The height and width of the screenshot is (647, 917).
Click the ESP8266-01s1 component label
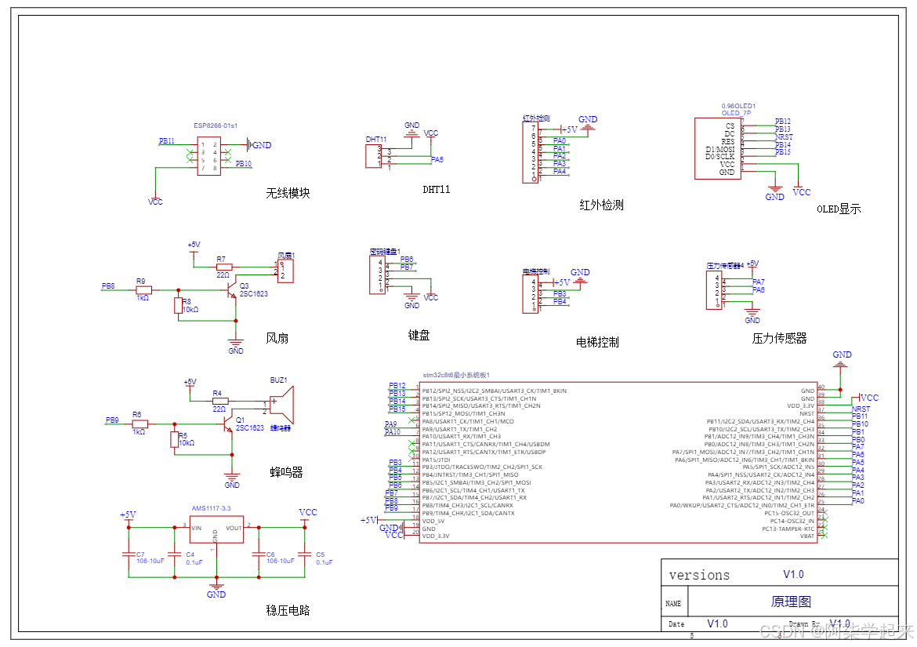(x=216, y=125)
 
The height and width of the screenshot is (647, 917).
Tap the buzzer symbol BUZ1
(x=281, y=405)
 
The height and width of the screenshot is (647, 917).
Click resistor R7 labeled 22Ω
(x=223, y=267)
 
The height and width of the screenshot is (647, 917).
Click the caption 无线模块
(x=288, y=193)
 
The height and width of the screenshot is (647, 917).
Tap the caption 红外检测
(x=601, y=205)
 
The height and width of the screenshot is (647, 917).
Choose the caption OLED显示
(x=839, y=209)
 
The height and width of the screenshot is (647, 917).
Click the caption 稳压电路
(x=288, y=609)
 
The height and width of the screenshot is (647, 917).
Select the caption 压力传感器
(x=779, y=339)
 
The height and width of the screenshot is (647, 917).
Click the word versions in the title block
(x=699, y=575)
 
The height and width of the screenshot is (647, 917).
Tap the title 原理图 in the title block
(x=791, y=602)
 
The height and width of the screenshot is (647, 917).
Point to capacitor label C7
(x=140, y=554)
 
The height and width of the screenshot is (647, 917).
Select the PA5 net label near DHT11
(x=437, y=159)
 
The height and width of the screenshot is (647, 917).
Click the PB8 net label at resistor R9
(x=108, y=286)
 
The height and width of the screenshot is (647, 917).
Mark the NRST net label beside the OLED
(x=784, y=137)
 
